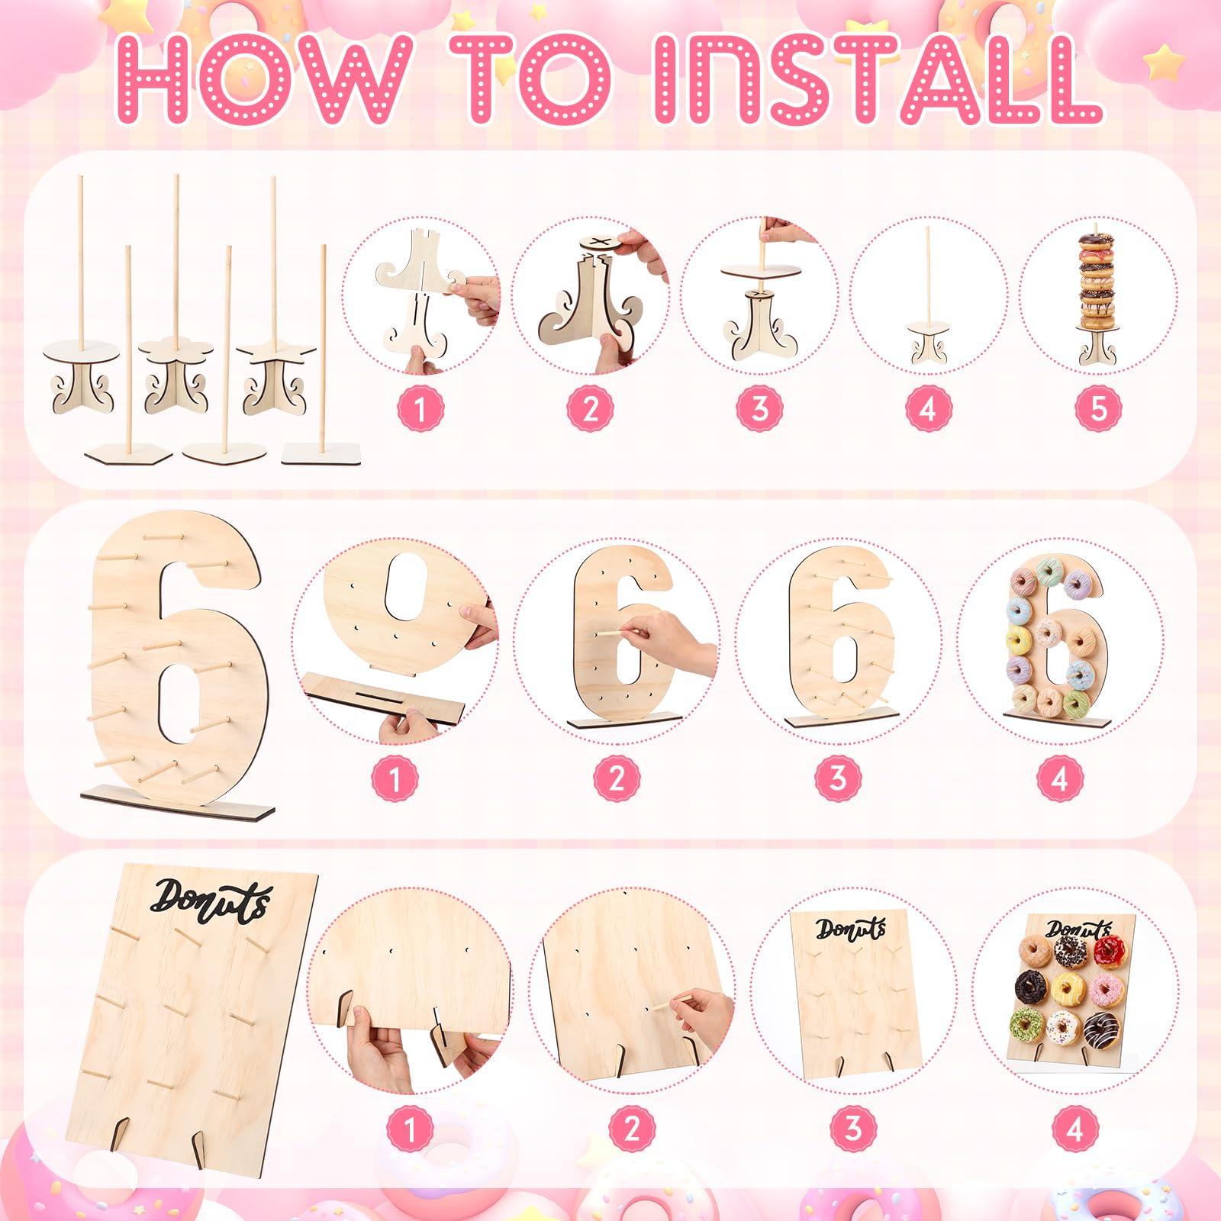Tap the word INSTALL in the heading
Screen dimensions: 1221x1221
878,79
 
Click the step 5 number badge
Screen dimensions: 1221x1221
1098,409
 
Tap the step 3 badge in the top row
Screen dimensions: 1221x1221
759,409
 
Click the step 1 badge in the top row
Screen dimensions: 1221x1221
420,409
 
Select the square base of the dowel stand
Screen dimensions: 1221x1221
321,453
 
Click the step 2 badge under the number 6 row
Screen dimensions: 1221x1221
617,779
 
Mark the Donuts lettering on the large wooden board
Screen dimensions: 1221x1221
211,900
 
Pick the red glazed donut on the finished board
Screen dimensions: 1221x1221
1109,952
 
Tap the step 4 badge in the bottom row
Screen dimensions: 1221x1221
1074,1129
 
